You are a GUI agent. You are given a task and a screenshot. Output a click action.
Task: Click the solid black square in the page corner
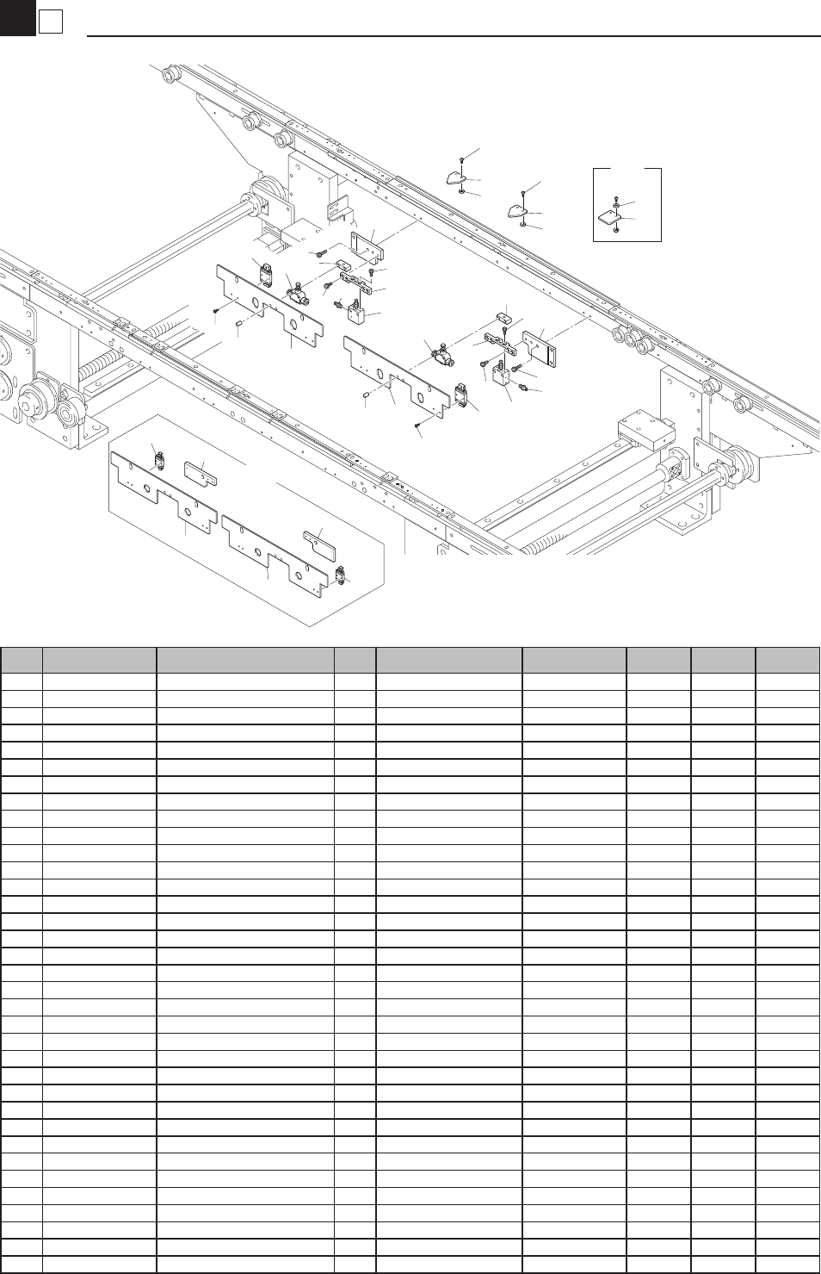click(16, 17)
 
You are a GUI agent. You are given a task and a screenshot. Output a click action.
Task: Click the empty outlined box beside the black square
click(51, 22)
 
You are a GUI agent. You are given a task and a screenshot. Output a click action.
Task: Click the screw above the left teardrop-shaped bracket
click(462, 160)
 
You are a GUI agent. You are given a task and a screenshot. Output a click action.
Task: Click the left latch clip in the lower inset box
click(159, 458)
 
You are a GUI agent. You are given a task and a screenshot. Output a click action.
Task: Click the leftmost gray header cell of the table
click(22, 660)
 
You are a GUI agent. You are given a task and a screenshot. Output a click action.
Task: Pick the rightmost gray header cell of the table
click(787, 660)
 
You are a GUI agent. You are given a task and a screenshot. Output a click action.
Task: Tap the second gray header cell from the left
click(100, 660)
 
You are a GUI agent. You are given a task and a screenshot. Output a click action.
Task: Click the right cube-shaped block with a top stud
click(502, 376)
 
